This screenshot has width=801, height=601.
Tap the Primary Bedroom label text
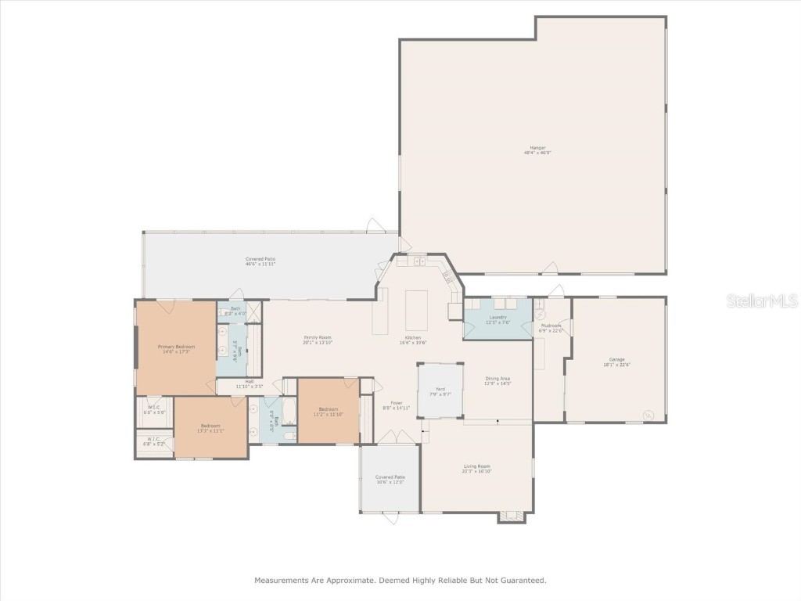tap(176, 347)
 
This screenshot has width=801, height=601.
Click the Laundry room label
tap(497, 317)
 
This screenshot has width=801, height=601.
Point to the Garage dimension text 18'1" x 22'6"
tap(617, 364)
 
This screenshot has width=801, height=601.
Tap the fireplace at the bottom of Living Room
tap(512, 516)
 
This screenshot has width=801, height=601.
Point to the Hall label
tap(249, 382)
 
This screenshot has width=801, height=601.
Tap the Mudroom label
tap(551, 326)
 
